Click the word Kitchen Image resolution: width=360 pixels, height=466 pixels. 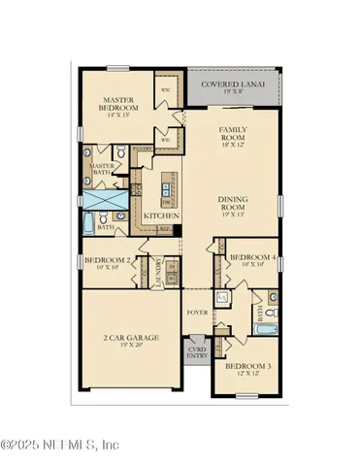158,216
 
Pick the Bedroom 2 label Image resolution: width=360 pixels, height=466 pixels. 108,260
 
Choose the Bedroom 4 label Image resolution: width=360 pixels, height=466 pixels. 253,256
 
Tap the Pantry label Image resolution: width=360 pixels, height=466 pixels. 143,148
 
